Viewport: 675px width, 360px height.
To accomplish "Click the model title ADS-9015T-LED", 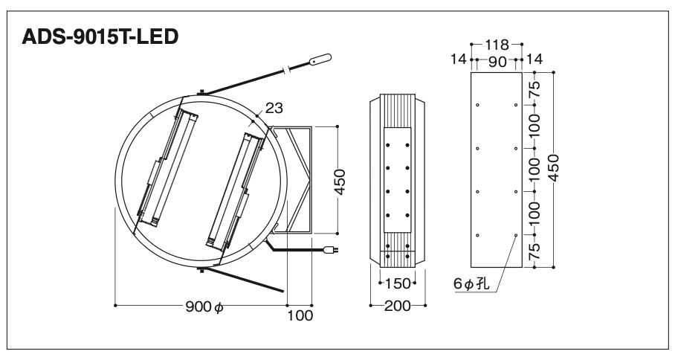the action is pyautogui.click(x=100, y=36).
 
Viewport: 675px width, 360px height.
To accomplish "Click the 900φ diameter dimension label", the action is pyautogui.click(x=205, y=307).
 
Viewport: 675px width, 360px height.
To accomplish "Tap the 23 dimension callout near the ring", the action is pyautogui.click(x=274, y=108).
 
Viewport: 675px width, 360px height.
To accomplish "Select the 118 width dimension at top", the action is pyautogui.click(x=497, y=45).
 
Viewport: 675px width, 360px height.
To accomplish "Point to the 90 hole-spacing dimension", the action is pyautogui.click(x=497, y=62).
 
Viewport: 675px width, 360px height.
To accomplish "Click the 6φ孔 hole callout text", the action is pyautogui.click(x=471, y=284).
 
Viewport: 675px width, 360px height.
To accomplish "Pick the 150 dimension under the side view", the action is pyautogui.click(x=398, y=283).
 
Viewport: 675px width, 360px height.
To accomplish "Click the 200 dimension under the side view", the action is pyautogui.click(x=398, y=306).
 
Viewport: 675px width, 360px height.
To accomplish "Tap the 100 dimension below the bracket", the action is pyautogui.click(x=300, y=315).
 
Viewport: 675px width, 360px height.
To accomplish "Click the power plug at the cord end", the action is pyautogui.click(x=332, y=249).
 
